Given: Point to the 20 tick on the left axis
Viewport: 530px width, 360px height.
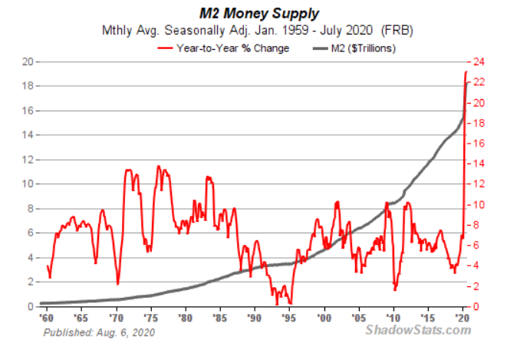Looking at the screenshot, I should coord(27,61).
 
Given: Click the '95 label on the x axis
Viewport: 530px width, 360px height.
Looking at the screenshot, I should coord(288,316).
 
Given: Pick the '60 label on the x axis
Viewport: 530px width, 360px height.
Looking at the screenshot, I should coord(46,316).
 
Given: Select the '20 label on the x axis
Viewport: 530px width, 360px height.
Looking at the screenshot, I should coord(462,316).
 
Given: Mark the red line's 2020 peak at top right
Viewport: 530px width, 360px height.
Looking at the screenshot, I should coord(466,72).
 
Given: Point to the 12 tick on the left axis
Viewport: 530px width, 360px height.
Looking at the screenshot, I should coord(27,160).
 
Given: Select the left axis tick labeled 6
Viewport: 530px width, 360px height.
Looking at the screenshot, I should coord(30,233).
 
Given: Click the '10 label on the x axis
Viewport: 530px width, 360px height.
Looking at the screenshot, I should coord(393,316).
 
